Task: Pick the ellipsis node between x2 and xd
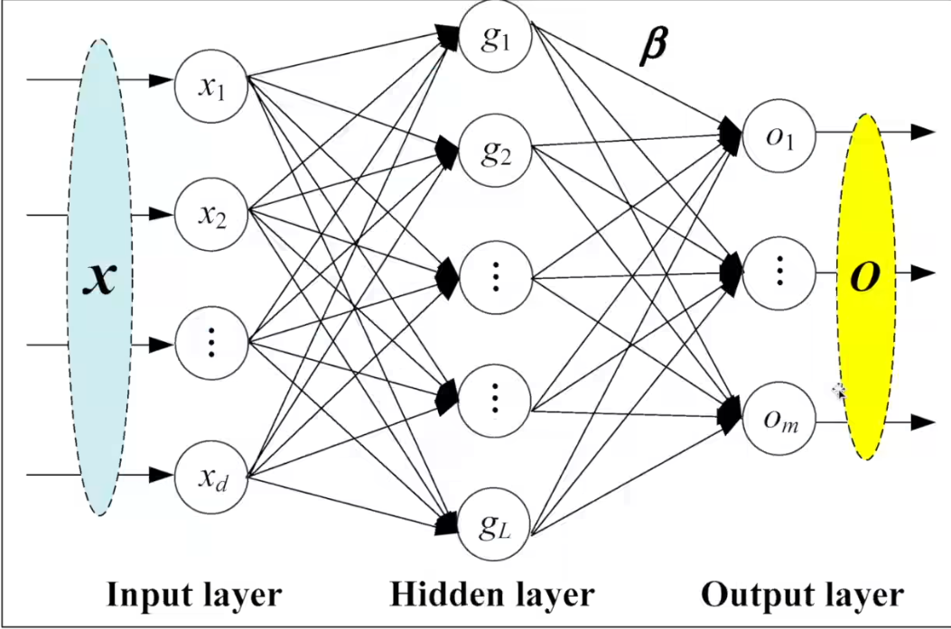point(210,344)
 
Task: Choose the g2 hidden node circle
point(495,151)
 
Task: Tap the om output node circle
point(779,420)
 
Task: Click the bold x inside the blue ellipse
point(99,279)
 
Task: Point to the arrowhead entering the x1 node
point(161,80)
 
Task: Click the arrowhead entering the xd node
point(161,474)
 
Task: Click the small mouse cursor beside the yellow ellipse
point(839,391)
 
